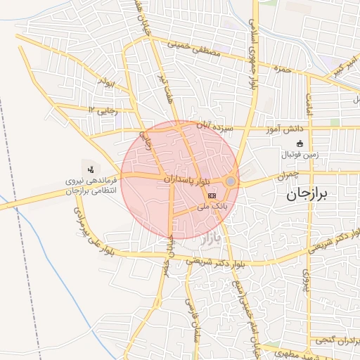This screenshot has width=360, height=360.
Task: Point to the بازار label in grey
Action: click(x=211, y=239)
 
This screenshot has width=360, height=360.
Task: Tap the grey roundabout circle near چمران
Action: click(x=231, y=181)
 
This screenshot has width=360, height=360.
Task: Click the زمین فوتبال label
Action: click(x=300, y=154)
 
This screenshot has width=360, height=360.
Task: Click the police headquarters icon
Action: click(x=91, y=169)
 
